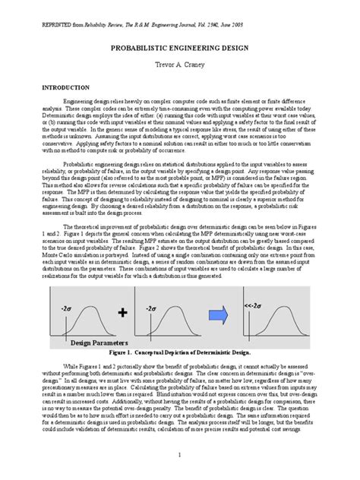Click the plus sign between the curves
point(122,311)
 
